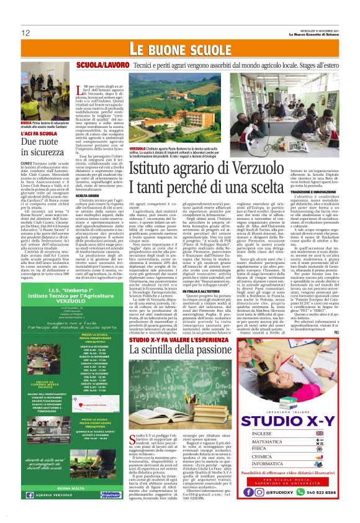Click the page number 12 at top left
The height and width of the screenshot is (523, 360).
pos(25,32)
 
